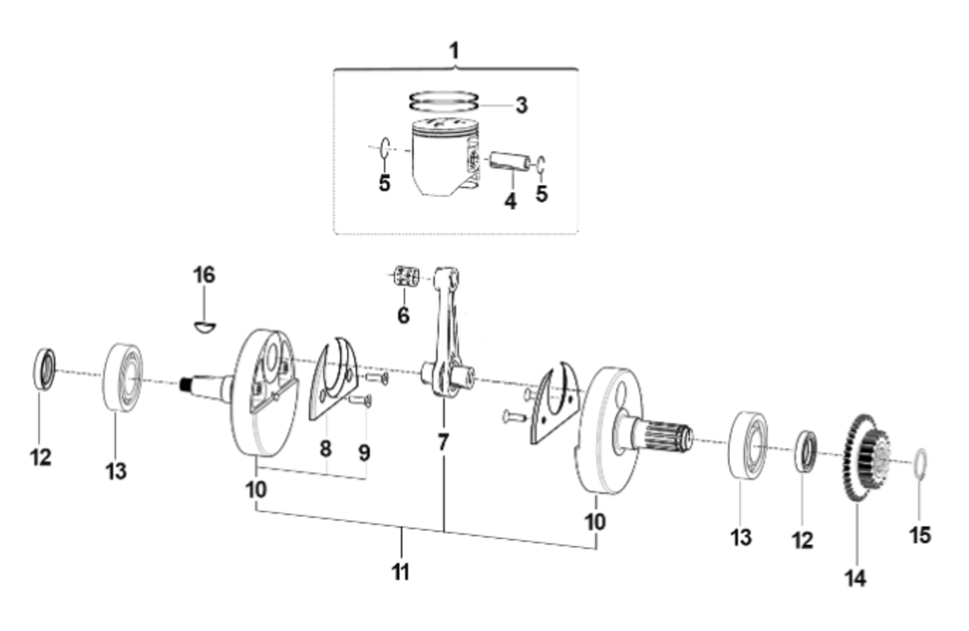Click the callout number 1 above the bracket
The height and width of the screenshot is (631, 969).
tap(454, 51)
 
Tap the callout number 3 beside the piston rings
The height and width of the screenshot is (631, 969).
tap(522, 106)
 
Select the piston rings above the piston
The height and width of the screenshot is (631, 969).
tap(444, 101)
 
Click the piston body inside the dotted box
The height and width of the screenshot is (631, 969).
tap(445, 158)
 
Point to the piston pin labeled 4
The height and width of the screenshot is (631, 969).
tap(510, 161)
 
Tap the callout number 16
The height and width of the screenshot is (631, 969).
tap(204, 275)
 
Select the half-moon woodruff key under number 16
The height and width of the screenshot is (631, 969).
tap(204, 327)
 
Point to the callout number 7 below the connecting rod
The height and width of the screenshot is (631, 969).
tap(443, 442)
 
